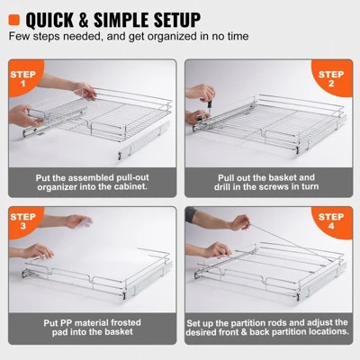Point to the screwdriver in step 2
pyautogui.click(x=205, y=101)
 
